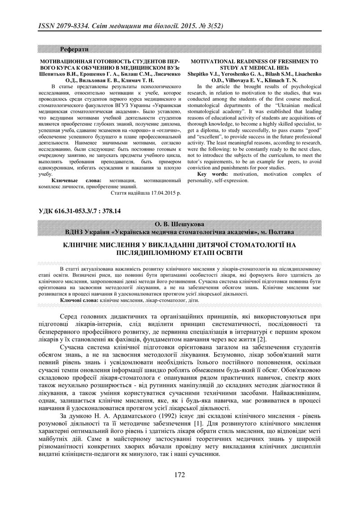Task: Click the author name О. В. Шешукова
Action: pos(180,224)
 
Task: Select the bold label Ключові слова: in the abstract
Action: pos(76,300)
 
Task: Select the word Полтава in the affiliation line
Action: pos(283,232)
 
